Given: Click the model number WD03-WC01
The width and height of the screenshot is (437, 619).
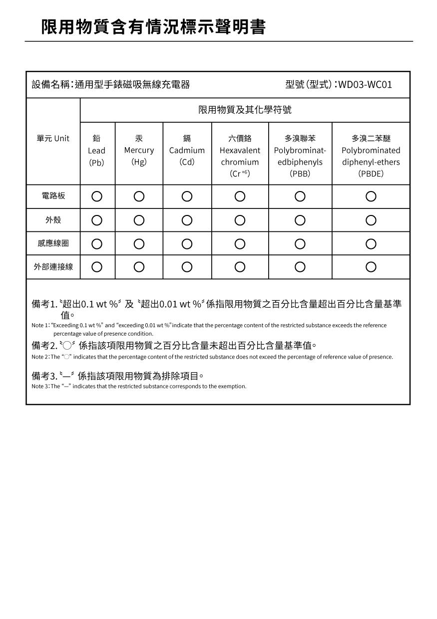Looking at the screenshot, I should click(365, 85).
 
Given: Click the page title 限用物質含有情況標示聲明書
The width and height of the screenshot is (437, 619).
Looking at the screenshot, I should click(153, 27).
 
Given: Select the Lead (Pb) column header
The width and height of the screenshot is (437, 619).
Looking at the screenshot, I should click(97, 150).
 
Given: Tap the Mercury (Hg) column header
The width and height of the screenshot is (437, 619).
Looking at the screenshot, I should click(139, 150).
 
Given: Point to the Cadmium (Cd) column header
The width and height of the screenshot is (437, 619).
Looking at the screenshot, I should click(187, 150).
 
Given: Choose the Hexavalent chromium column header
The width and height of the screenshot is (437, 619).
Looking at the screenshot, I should click(240, 156).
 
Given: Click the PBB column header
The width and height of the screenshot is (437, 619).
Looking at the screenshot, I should click(300, 156).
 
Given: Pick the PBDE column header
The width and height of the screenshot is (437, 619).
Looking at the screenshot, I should click(371, 156).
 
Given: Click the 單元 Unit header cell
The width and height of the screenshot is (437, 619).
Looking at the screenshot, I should click(53, 139).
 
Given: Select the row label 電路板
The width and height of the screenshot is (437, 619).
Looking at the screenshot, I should click(53, 196).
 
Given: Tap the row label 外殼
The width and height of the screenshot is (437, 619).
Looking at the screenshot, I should click(53, 220).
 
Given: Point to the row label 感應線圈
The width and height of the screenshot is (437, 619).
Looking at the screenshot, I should click(53, 243).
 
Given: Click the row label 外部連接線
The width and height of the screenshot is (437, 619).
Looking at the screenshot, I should click(53, 267).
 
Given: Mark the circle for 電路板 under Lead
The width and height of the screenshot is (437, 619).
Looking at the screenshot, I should click(97, 197).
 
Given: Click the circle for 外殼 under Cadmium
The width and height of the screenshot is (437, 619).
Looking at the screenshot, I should click(187, 220).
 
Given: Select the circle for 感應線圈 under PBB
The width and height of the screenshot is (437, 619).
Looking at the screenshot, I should click(300, 243).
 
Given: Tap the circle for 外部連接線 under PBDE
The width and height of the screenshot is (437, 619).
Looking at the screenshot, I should click(371, 267).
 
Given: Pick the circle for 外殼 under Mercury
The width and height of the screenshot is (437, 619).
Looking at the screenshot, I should click(139, 220).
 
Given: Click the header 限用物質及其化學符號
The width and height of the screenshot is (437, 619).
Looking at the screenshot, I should click(245, 110).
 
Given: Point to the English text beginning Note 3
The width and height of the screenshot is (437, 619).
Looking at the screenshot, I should click(139, 387).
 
